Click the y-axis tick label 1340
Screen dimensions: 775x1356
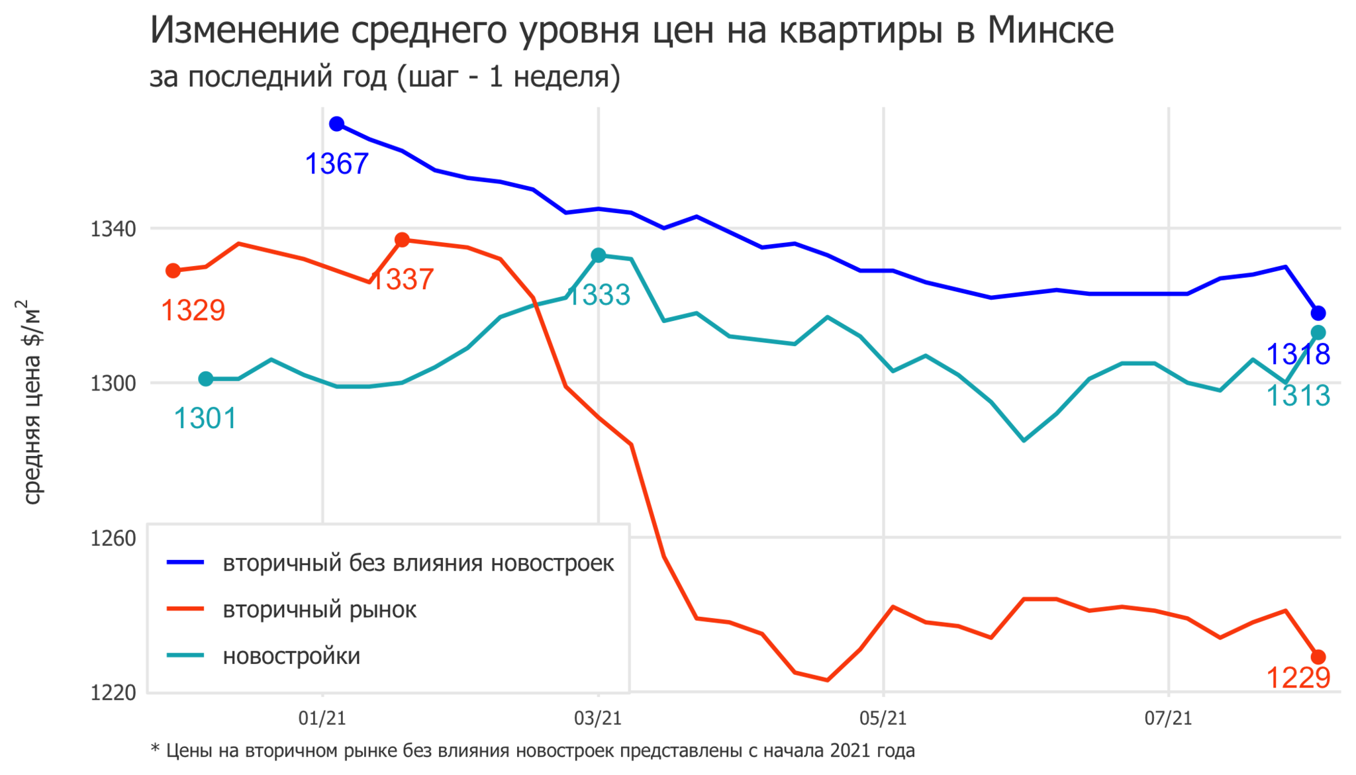(x=113, y=229)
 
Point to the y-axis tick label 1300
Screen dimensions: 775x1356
(x=113, y=383)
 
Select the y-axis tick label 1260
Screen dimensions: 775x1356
(x=113, y=538)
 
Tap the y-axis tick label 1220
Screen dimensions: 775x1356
(x=113, y=692)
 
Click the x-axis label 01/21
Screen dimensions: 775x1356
(x=322, y=718)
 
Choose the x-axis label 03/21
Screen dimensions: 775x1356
(x=598, y=718)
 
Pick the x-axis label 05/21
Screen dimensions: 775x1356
(x=883, y=718)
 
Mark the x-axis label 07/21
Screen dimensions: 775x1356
(x=1169, y=718)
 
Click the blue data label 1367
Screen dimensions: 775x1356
(x=337, y=163)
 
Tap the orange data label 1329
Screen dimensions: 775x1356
(x=193, y=310)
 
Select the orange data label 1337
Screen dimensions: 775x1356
(x=403, y=279)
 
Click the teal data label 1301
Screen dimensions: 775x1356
(x=205, y=418)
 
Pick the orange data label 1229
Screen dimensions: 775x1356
(x=1298, y=678)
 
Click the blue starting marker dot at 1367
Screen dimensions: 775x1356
(x=336, y=124)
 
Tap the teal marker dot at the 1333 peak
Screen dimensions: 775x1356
(x=599, y=255)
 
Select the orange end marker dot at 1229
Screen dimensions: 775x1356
(x=1318, y=657)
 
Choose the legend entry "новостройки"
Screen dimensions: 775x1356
(x=291, y=656)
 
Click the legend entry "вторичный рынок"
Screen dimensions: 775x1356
(x=319, y=610)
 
